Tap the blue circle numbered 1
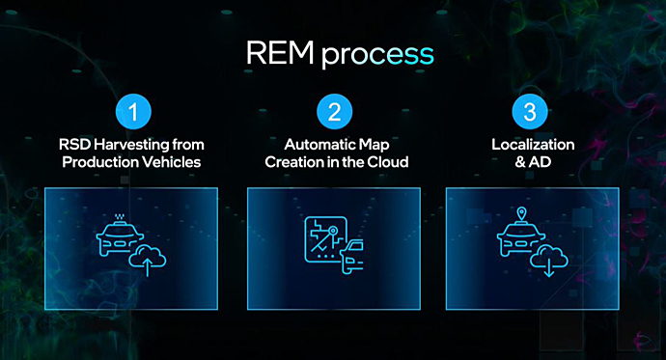(x=131, y=112)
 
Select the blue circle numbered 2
(x=334, y=112)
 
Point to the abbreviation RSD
(x=74, y=145)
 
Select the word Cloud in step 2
(x=389, y=162)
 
